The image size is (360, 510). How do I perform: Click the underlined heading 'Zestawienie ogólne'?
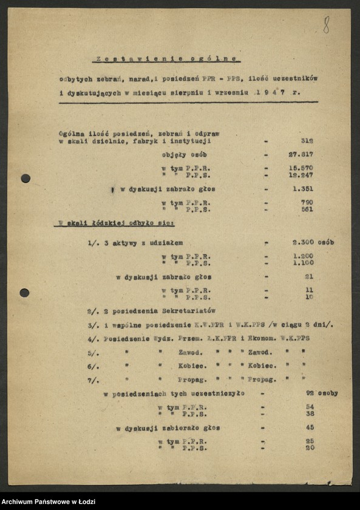click(167, 59)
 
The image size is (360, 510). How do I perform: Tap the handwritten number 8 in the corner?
click(326, 25)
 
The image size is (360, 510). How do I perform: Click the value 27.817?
click(301, 154)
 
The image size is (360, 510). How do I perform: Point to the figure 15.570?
click(301, 168)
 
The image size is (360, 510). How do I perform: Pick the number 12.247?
click(301, 175)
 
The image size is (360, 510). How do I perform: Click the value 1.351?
click(302, 189)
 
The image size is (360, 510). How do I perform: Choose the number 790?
click(307, 203)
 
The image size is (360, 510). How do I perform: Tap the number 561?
click(307, 209)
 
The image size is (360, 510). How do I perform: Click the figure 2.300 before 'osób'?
click(303, 242)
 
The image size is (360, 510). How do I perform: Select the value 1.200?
click(303, 256)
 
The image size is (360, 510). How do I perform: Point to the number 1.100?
click(303, 263)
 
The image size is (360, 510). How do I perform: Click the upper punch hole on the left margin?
click(25, 178)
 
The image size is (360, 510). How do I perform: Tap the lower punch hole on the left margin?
click(24, 293)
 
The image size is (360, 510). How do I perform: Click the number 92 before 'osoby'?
click(310, 393)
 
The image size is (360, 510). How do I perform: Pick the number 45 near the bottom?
click(310, 427)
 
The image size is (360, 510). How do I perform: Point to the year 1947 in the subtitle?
click(271, 93)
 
